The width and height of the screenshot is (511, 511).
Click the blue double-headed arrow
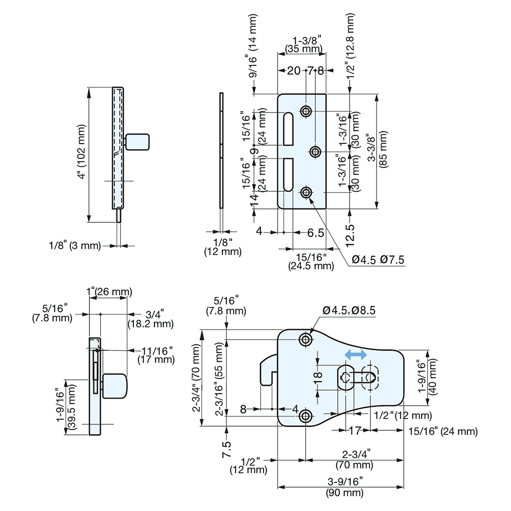355,354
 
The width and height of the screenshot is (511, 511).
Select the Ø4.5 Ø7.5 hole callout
379,260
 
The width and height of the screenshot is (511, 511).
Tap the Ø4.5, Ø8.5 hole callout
349,310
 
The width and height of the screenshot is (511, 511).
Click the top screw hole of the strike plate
306,111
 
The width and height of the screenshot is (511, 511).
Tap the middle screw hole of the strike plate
315,151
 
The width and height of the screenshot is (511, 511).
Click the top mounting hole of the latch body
306,339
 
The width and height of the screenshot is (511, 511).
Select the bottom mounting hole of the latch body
306,416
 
